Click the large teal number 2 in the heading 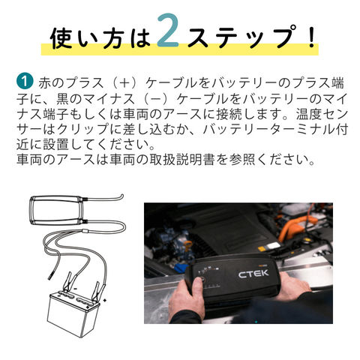pyautogui.click(x=168, y=31)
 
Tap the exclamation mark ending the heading pyautogui.click(x=311, y=36)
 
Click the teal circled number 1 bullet pyautogui.click(x=25, y=81)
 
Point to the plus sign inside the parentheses pyautogui.click(x=124, y=83)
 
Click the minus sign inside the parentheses pyautogui.click(x=155, y=98)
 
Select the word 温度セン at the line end pyautogui.click(x=322, y=113)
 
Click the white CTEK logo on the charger pyautogui.click(x=253, y=274)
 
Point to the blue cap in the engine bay pyautogui.click(x=179, y=268)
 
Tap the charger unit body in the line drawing pyautogui.click(x=56, y=210)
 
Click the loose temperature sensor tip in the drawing pyautogui.click(x=50, y=277)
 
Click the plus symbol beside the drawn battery pyautogui.click(x=105, y=300)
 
